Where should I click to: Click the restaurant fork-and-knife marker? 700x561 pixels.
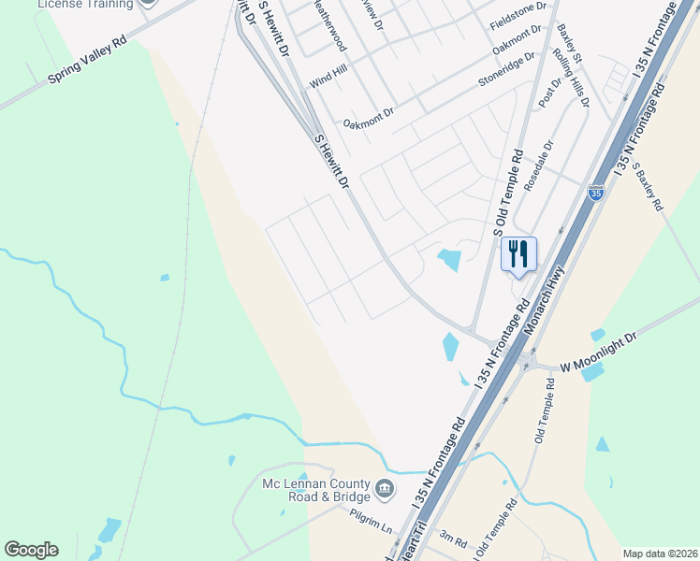(x=518, y=253)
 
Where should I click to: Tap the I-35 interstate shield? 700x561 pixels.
(x=595, y=193)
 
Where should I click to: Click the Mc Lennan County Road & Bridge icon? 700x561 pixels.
(x=384, y=488)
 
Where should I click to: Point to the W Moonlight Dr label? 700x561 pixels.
(x=598, y=353)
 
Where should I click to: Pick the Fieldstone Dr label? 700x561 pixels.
(x=518, y=19)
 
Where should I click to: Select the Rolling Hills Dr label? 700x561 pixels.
(x=572, y=79)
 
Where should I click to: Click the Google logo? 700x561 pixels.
(x=31, y=550)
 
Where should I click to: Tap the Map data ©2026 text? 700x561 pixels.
(x=660, y=554)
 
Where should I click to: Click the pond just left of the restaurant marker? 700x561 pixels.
(x=449, y=259)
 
